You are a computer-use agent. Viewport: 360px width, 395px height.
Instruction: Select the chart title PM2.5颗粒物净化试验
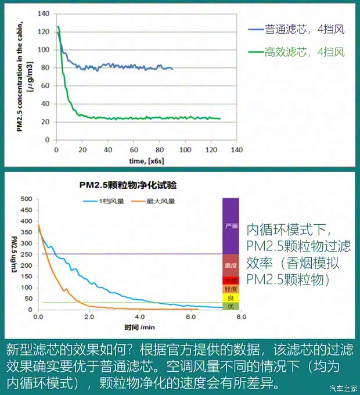click(128, 186)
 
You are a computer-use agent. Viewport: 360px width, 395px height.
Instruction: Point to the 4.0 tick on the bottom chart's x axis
click(139, 317)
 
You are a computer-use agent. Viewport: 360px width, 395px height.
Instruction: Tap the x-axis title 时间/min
click(139, 326)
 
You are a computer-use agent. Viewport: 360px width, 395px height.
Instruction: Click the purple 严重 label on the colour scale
click(231, 225)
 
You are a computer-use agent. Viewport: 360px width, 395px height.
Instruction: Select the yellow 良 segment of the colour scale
click(231, 297)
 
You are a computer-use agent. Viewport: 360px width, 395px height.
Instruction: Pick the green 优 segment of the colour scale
click(231, 306)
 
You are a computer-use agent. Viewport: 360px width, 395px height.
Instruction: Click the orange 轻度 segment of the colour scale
click(231, 289)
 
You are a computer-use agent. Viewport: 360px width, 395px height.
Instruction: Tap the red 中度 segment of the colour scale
click(231, 280)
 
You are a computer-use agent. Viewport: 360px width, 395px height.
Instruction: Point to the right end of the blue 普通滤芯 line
click(172, 69)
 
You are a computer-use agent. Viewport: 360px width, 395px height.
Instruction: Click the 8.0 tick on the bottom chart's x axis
click(241, 317)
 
